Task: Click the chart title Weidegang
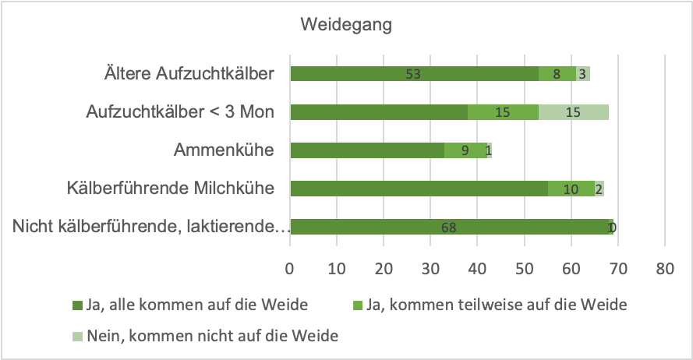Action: click(346, 24)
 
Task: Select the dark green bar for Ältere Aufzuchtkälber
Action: click(413, 74)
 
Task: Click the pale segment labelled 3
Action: click(583, 74)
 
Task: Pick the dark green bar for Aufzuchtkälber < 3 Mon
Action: click(378, 112)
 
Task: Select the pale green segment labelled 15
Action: click(573, 112)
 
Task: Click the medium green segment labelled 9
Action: click(465, 150)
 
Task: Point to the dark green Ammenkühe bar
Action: click(366, 150)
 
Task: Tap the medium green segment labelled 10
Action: click(571, 189)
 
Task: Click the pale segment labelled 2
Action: click(599, 189)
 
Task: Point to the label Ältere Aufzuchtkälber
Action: click(189, 74)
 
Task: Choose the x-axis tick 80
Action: click(664, 269)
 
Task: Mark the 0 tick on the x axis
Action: click(291, 269)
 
